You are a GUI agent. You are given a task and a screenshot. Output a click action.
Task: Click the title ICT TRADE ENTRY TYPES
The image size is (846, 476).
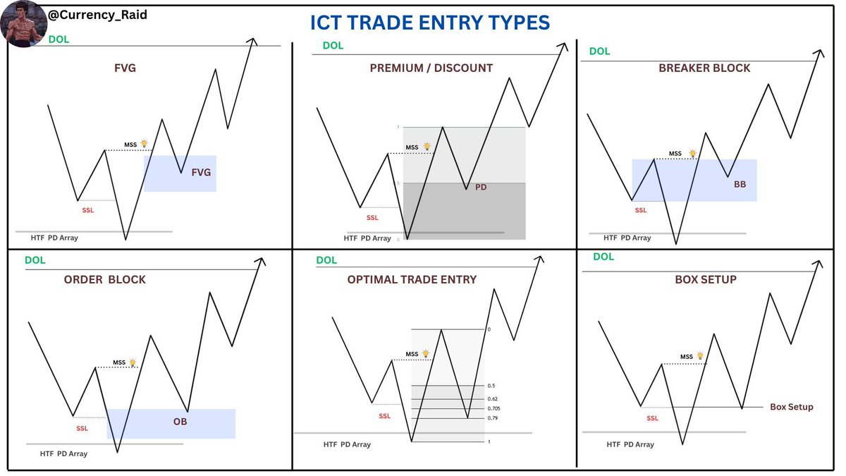tap(430, 23)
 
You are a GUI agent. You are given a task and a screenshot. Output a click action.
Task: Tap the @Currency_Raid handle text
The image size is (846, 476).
tap(98, 14)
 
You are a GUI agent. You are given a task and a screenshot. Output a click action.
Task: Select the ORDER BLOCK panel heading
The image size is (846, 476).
tap(105, 280)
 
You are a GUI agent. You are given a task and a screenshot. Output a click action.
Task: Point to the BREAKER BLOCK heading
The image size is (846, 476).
tap(704, 68)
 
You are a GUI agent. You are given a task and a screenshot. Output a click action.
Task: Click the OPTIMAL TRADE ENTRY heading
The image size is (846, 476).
tap(412, 280)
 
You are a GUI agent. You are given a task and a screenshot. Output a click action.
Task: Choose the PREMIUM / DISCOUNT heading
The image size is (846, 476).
tap(431, 68)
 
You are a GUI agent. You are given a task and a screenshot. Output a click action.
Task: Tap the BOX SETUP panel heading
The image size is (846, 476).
tap(706, 280)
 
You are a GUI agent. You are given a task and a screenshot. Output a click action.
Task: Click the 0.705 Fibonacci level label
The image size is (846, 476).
tap(494, 408)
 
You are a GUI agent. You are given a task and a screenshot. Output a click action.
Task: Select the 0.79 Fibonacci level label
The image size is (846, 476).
tap(492, 418)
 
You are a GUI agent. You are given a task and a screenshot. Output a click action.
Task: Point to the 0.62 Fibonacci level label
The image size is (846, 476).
tap(492, 399)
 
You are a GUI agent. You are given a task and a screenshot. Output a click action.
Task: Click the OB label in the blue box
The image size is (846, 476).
tap(180, 422)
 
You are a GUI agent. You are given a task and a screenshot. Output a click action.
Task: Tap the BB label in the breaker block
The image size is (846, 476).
tap(739, 184)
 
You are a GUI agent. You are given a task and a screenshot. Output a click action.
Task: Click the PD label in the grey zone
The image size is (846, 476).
tap(481, 188)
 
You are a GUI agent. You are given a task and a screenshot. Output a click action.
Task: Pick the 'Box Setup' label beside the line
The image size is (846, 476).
tap(791, 407)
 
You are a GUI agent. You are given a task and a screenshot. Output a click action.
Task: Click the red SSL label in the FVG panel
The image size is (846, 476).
tap(88, 210)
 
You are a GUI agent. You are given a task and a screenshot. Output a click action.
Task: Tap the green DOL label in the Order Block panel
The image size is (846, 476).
tap(35, 260)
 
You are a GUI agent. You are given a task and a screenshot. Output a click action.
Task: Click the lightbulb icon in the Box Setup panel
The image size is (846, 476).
tap(700, 356)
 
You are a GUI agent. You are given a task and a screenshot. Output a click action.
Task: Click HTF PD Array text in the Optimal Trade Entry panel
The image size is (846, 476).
tap(348, 445)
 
